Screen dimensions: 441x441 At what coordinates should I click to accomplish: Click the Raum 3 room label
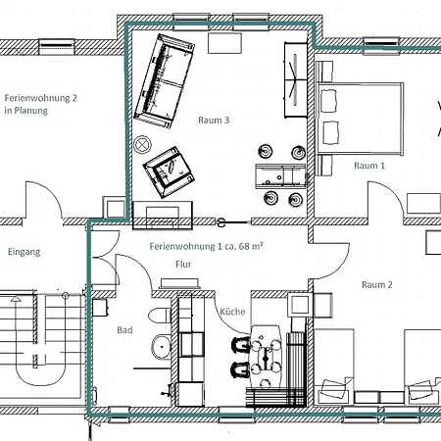tap(214, 121)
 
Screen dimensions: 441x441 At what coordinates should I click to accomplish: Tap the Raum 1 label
tap(369, 166)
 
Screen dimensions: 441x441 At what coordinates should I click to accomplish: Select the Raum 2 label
tap(376, 284)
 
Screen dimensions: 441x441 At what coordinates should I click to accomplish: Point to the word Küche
tap(232, 312)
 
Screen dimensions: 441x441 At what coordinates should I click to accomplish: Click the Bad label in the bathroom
tap(124, 330)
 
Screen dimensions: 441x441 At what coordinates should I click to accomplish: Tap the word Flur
tap(183, 264)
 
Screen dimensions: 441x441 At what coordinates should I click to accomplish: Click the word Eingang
tap(24, 252)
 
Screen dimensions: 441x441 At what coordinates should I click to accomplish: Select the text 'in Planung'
tap(25, 111)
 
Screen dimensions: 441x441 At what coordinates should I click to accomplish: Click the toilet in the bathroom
tap(160, 316)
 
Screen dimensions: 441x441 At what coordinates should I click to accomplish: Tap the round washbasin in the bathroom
tap(161, 346)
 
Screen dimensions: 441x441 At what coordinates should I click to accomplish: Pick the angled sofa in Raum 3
tap(165, 81)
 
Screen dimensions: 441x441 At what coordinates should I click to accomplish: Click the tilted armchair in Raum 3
tap(169, 172)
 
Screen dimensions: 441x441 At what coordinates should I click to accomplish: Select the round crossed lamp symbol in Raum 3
tap(142, 144)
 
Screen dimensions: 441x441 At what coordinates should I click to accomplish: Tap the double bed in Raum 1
tap(361, 119)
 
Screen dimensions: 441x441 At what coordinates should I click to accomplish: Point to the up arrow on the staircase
tap(16, 299)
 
